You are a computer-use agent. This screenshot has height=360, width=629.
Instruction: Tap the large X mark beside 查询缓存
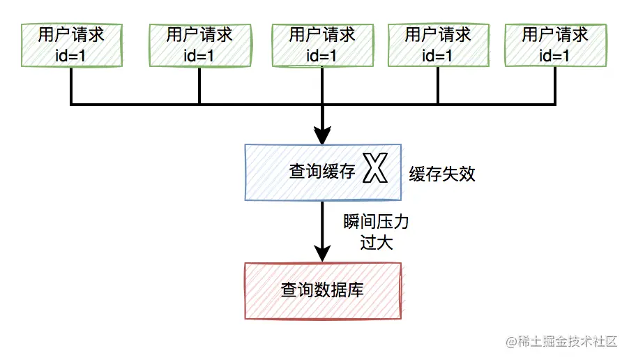[375, 170]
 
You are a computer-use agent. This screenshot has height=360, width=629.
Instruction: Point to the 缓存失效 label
[442, 174]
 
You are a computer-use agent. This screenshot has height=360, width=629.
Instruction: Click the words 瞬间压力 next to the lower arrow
[376, 223]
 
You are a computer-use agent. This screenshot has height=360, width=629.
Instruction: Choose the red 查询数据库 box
[323, 290]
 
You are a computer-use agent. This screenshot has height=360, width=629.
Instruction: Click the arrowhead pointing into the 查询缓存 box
[322, 134]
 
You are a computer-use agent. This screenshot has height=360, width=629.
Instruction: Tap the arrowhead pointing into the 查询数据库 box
[322, 253]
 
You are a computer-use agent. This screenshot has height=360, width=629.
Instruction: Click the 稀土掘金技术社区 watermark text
[561, 341]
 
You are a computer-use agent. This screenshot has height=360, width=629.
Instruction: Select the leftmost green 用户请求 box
[72, 45]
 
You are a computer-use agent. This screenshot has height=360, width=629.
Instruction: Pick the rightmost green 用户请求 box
[555, 45]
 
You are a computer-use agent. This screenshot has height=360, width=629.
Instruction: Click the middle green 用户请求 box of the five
[322, 45]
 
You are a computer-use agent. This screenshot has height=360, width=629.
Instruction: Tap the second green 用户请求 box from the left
[199, 45]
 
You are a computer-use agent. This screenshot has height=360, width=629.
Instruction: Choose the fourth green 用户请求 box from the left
[438, 45]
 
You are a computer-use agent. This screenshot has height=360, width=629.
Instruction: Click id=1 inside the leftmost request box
[72, 55]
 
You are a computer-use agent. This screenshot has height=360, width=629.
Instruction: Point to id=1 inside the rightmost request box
[555, 55]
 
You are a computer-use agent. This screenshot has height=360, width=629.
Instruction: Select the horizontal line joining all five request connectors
[258, 105]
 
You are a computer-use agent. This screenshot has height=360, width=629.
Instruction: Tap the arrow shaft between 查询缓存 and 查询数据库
[322, 223]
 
